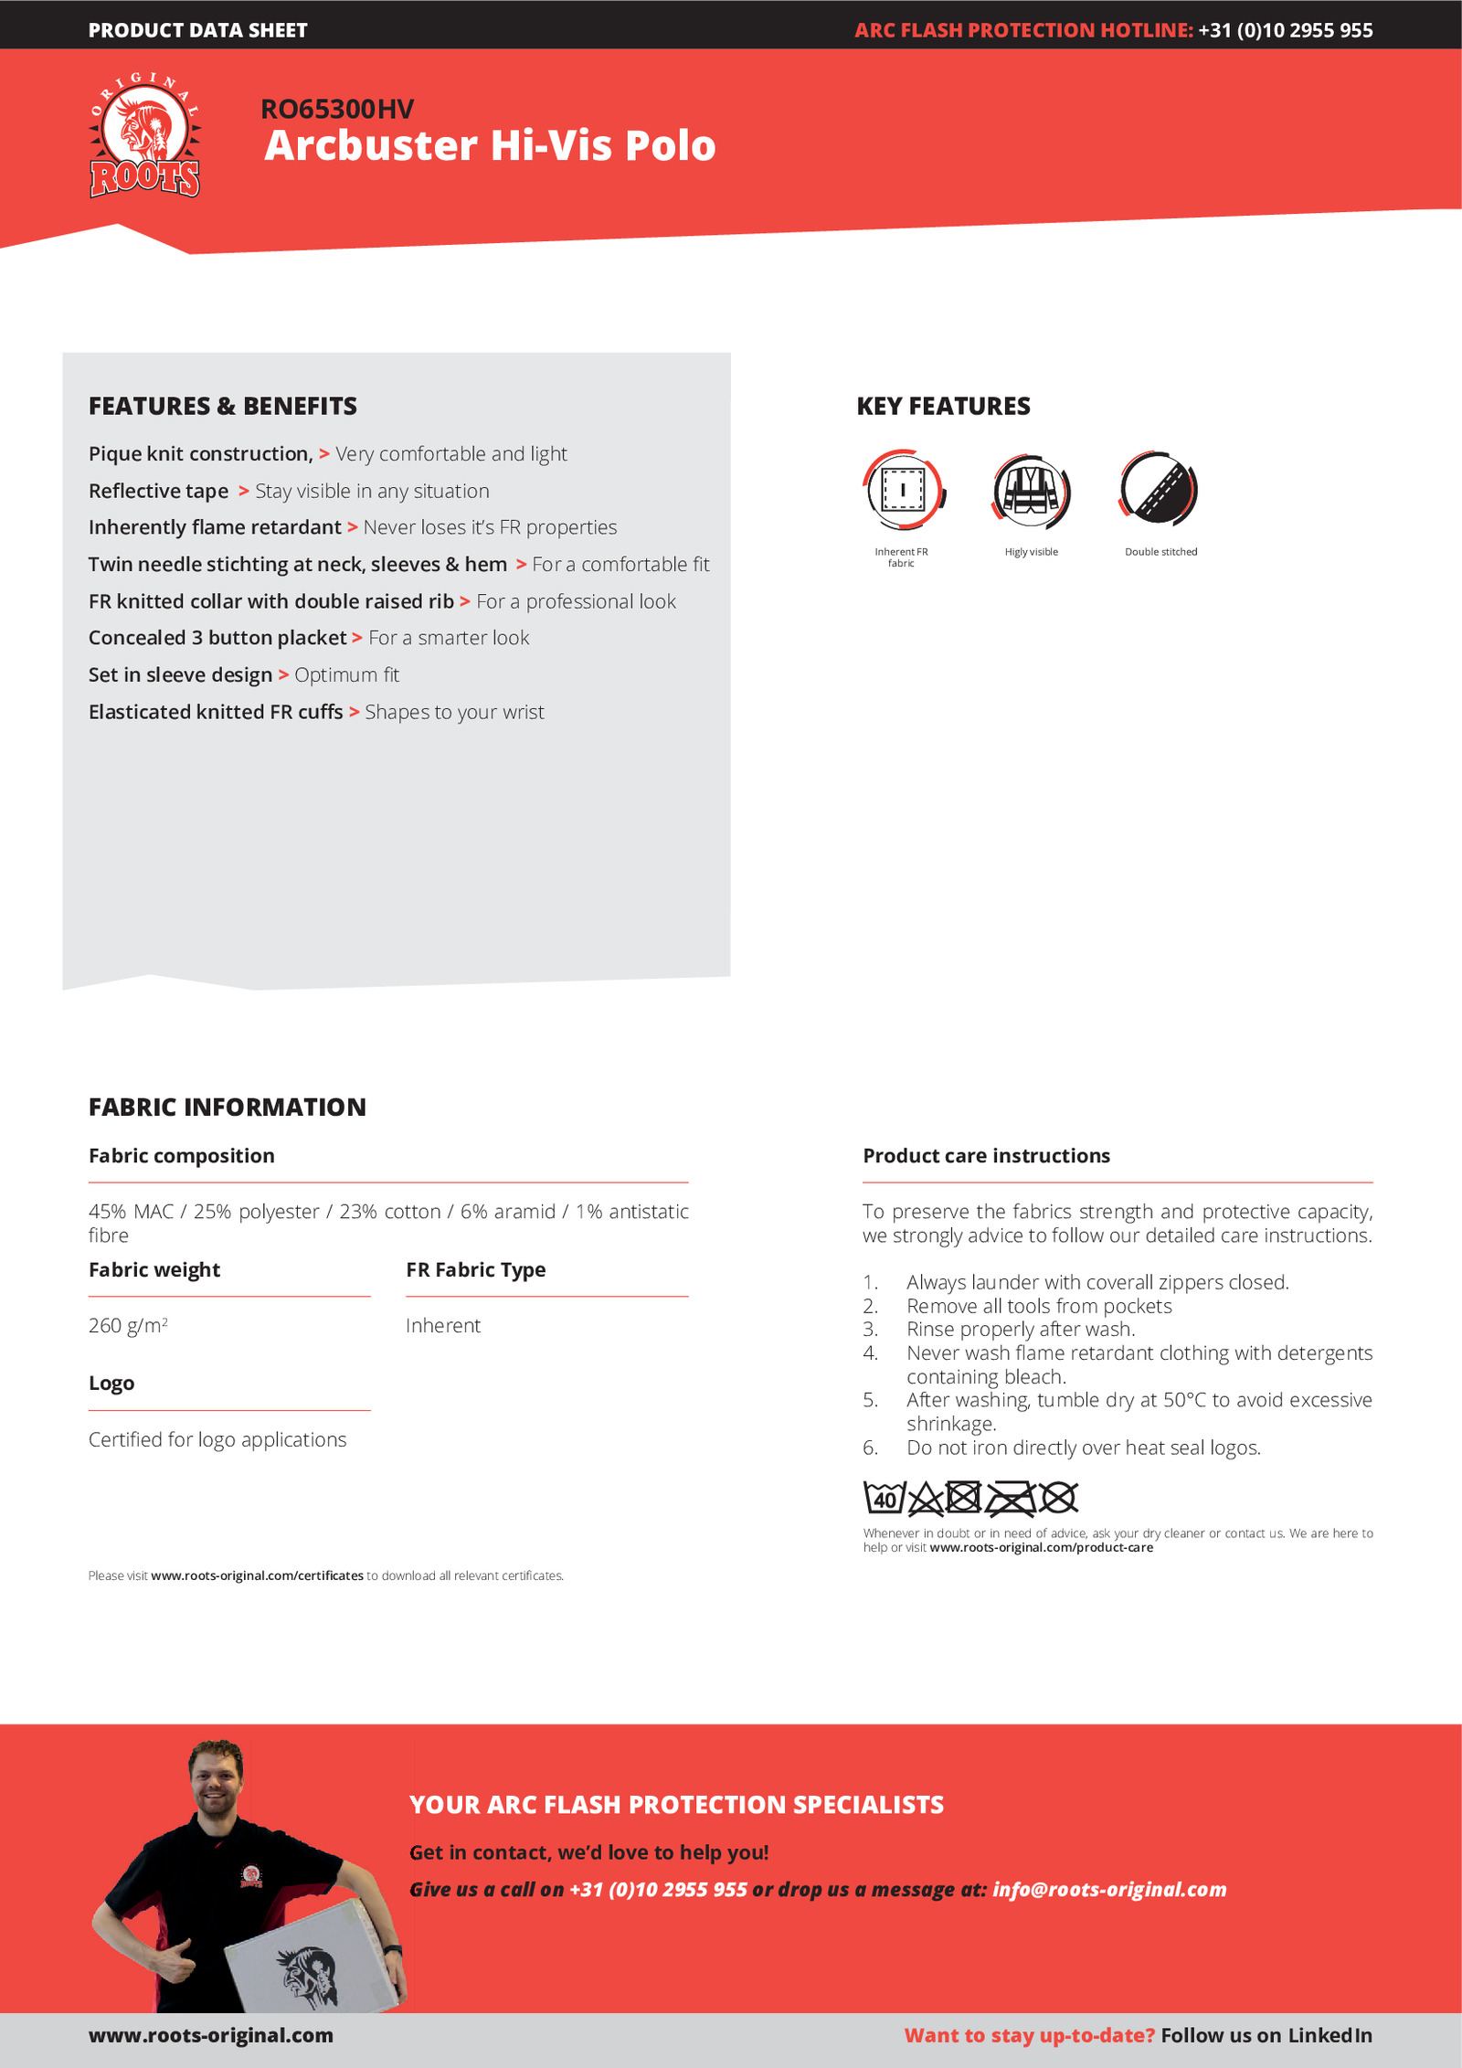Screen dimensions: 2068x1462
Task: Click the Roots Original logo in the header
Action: tap(144, 135)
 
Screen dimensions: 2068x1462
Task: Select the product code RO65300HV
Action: tap(337, 110)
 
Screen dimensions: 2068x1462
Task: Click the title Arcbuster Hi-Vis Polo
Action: tap(490, 146)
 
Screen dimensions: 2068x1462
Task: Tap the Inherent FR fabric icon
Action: tap(903, 490)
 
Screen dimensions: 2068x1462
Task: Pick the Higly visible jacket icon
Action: tap(1031, 490)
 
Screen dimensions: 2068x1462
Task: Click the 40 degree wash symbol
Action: tap(884, 1498)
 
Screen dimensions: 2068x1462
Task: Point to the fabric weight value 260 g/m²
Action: tap(128, 1326)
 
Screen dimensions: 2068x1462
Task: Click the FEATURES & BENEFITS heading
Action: tap(223, 407)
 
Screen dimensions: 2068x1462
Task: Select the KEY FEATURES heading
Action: tap(943, 407)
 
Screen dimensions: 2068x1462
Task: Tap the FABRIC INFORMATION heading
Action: tap(228, 1108)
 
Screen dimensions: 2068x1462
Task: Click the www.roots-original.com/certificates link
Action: tap(257, 1576)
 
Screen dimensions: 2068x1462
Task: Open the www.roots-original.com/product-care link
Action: tap(1041, 1548)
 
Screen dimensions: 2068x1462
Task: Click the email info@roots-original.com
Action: tap(1109, 1890)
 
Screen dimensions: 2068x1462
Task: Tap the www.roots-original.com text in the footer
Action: tap(211, 2036)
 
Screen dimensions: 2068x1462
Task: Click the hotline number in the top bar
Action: tap(1285, 30)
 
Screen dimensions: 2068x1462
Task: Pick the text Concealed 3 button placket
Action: tap(217, 638)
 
